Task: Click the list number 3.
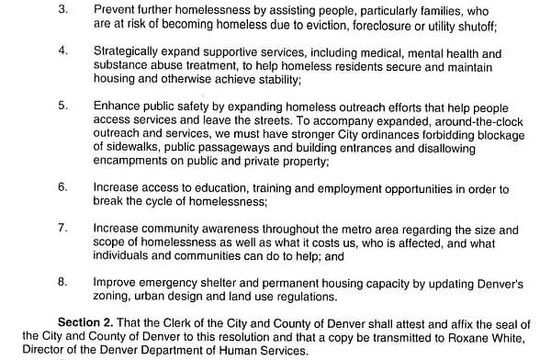[63, 8]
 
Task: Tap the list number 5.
[63, 106]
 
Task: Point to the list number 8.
[63, 283]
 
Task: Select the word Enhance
[118, 106]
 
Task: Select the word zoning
[117, 298]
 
